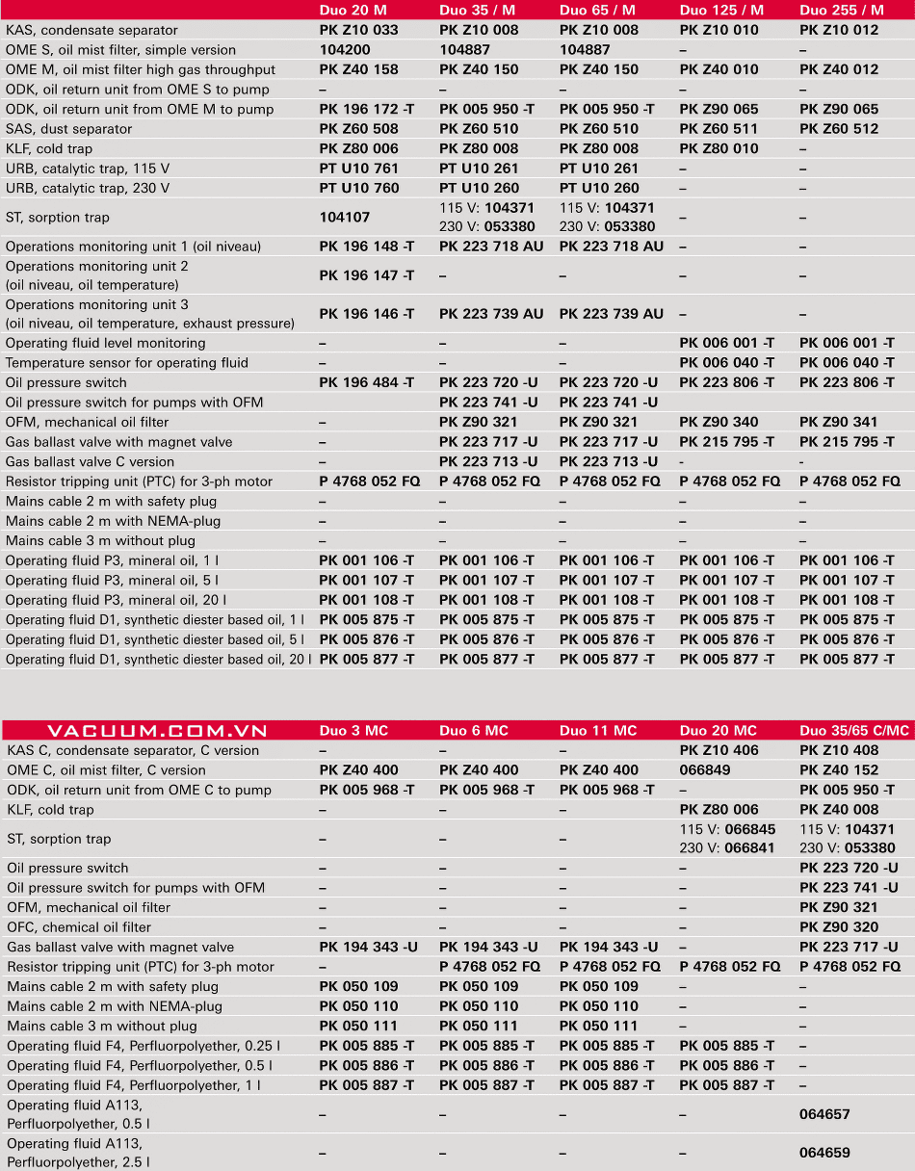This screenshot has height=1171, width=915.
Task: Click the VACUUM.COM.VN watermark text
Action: [x=157, y=731]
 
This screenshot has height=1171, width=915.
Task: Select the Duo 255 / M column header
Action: [x=841, y=10]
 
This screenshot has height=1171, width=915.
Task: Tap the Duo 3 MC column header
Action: [x=353, y=731]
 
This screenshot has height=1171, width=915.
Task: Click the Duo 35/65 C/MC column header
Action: [x=853, y=731]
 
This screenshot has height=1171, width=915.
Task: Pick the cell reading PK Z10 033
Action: [x=358, y=30]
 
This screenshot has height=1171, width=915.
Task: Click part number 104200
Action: [x=345, y=50]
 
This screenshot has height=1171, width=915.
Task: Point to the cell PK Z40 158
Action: [x=358, y=69]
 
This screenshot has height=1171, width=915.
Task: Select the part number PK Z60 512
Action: [x=839, y=129]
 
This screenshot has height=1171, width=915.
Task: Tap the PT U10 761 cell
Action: [x=358, y=169]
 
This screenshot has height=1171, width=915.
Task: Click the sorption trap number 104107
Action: [x=345, y=218]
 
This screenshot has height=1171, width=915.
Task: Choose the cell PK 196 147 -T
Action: [x=367, y=275]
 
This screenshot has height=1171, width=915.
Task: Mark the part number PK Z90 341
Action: [x=839, y=422]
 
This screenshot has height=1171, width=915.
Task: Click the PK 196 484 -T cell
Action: [x=367, y=382]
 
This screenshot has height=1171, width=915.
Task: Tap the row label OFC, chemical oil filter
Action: [x=79, y=927]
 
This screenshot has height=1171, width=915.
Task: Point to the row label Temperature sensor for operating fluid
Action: [x=127, y=363]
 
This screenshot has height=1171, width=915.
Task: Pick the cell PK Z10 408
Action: [x=839, y=750]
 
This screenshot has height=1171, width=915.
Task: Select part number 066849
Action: [x=705, y=770]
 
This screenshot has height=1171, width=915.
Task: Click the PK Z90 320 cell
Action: [x=839, y=927]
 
